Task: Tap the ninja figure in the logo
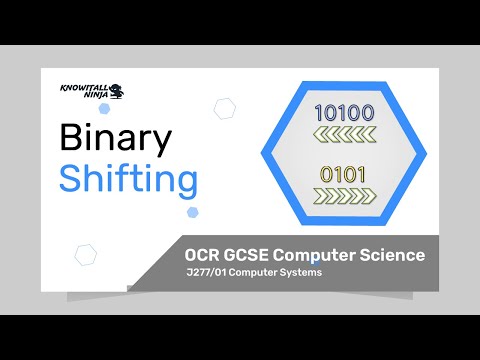coord(117,91)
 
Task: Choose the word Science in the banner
coord(393,255)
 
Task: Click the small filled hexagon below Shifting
coord(192,211)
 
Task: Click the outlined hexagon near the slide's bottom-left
coord(86,254)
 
